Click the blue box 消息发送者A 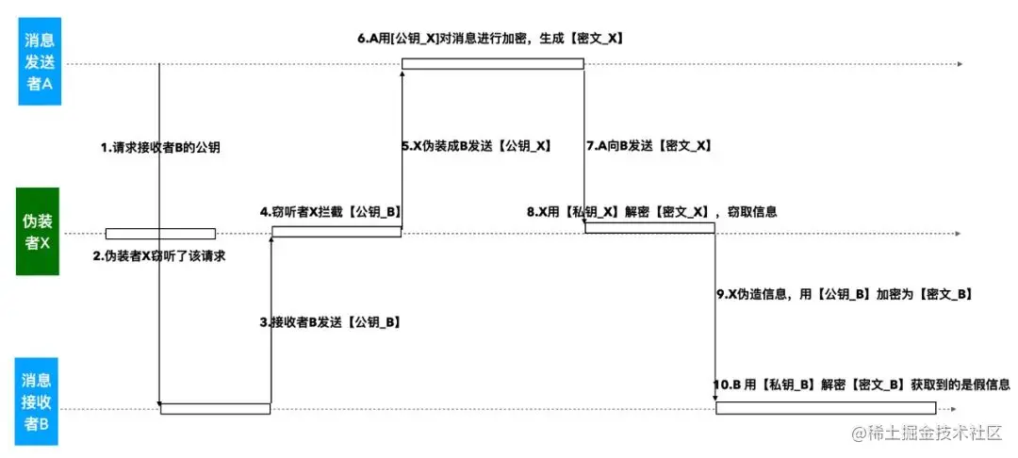39,61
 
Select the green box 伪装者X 38,232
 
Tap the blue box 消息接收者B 38,401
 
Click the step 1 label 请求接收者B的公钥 160,147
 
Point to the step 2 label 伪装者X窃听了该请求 159,256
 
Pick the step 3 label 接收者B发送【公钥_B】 329,321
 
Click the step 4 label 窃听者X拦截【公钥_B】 331,211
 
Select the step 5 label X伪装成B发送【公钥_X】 477,146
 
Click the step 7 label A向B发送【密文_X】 649,146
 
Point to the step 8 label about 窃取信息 652,211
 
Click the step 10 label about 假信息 862,384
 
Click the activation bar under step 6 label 492,63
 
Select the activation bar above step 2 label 160,234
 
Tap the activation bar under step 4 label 337,232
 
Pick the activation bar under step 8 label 649,228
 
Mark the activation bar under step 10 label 826,407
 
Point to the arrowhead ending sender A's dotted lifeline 960,64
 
